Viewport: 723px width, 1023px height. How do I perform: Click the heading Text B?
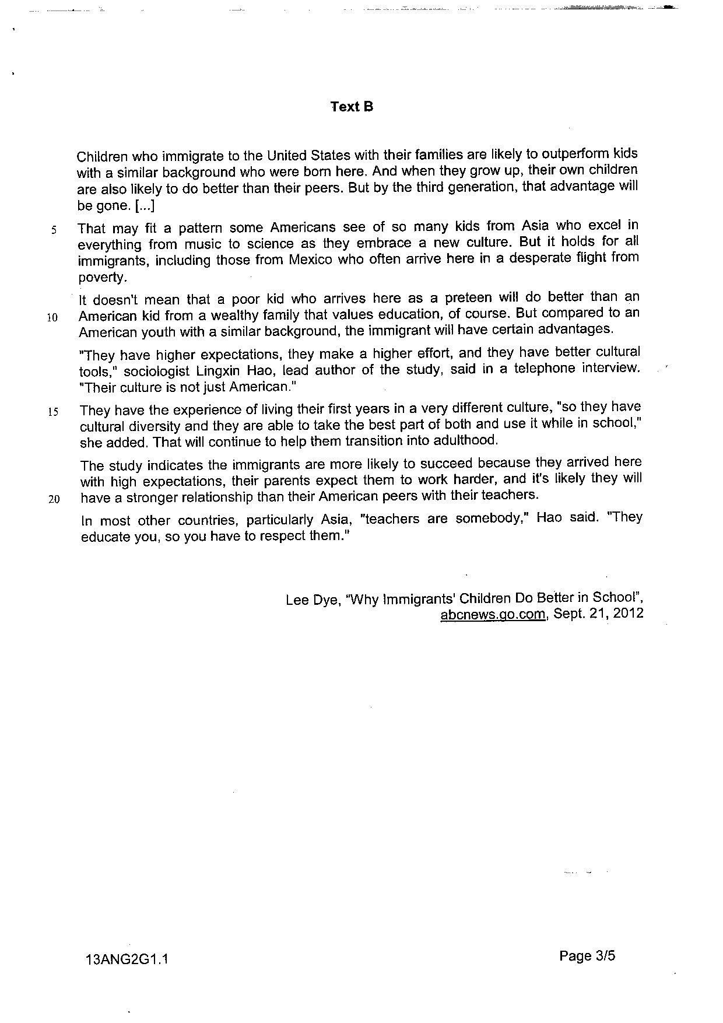point(352,107)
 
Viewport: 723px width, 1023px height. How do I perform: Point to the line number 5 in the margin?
point(53,230)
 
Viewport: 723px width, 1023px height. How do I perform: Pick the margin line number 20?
point(54,500)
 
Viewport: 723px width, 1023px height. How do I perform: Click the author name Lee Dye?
point(313,600)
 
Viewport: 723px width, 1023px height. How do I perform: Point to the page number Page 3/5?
point(587,956)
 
